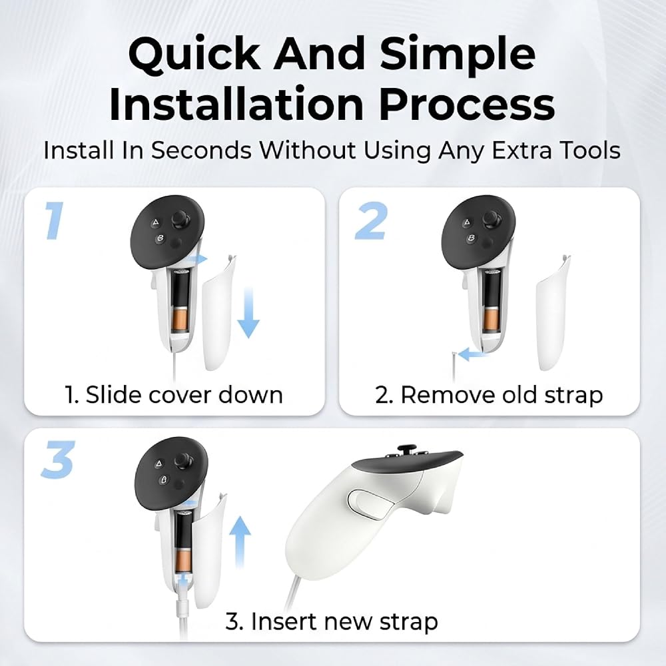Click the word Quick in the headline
(x=194, y=55)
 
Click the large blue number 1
(x=55, y=220)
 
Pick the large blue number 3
(x=58, y=459)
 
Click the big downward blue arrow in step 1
(x=248, y=312)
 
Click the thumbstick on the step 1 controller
(x=181, y=220)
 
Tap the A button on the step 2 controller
(x=467, y=222)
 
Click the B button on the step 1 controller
(x=160, y=238)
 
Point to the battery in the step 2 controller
(x=492, y=302)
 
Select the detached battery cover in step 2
(x=552, y=312)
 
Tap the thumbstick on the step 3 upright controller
(x=184, y=460)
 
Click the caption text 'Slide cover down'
(x=184, y=395)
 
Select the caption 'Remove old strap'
(x=501, y=395)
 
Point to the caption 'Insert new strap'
(x=344, y=622)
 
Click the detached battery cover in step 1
(x=218, y=312)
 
